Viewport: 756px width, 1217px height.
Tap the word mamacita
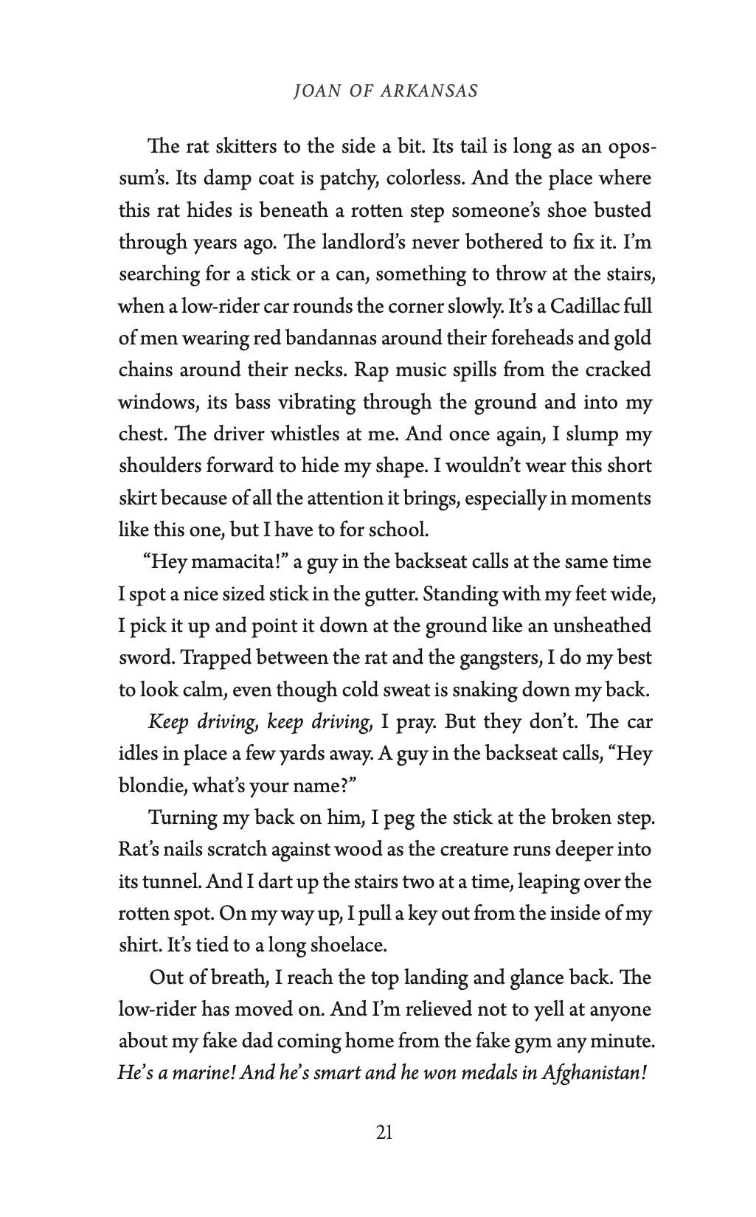point(229,562)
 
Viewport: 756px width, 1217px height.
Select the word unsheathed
point(603,625)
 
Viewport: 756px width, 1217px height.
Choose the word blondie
point(151,786)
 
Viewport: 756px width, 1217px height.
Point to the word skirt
point(138,498)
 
